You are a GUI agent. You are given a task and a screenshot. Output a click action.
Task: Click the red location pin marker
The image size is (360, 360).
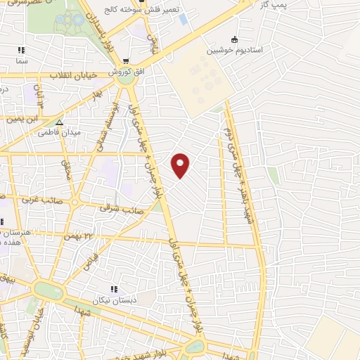pyautogui.click(x=181, y=165)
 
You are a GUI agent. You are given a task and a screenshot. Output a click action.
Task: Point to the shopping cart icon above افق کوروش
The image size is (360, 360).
pyautogui.click(x=126, y=61)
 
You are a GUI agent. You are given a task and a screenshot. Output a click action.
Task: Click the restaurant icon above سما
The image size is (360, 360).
pyautogui.click(x=21, y=51)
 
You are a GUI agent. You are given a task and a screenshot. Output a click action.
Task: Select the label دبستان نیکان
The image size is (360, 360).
pyautogui.click(x=113, y=300)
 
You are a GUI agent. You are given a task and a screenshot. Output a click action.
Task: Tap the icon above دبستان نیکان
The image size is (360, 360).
pyautogui.click(x=113, y=289)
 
